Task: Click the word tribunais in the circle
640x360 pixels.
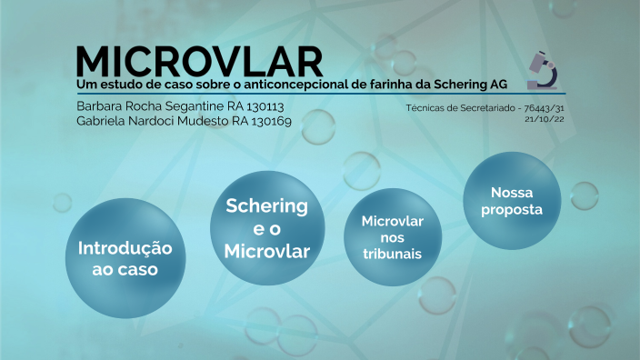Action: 392,254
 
